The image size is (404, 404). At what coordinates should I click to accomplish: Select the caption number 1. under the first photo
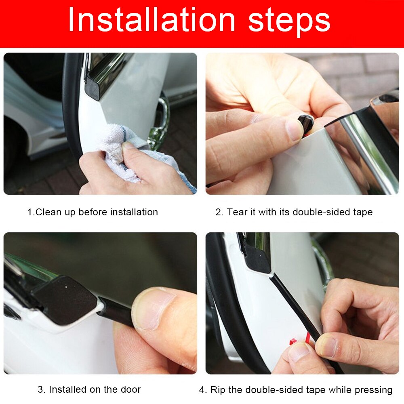pyautogui.click(x=31, y=212)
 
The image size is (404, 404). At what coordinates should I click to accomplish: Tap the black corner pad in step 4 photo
pyautogui.click(x=256, y=259)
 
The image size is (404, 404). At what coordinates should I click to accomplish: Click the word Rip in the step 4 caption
pyautogui.click(x=217, y=390)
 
